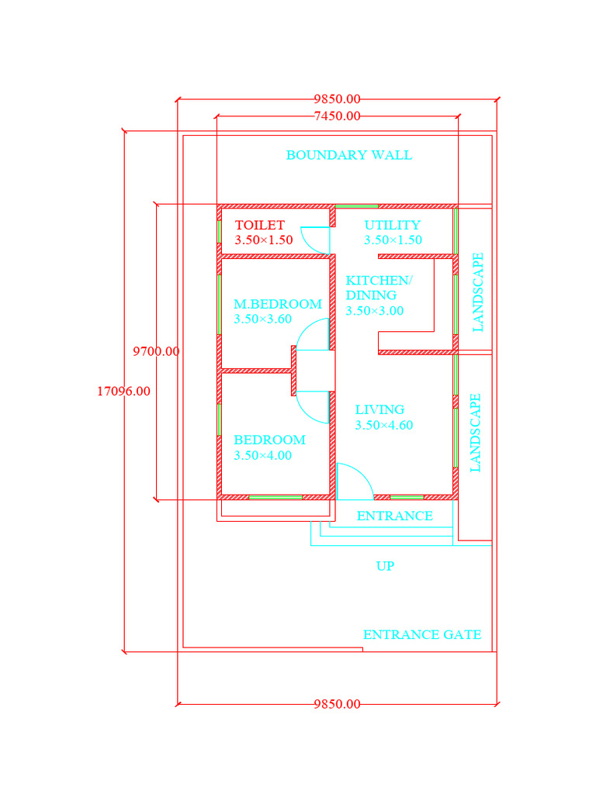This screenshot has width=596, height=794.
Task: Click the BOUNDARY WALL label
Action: [348, 155]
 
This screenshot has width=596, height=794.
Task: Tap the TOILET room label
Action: [259, 225]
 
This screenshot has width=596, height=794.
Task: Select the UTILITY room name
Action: [392, 225]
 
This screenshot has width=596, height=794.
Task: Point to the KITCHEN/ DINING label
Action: [379, 288]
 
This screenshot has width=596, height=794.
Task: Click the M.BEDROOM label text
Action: [277, 304]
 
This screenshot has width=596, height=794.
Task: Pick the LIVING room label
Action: [379, 409]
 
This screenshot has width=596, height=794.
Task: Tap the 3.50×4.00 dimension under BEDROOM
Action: [262, 455]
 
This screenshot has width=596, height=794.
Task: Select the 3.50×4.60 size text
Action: [383, 425]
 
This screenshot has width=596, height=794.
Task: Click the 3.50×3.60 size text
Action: [262, 319]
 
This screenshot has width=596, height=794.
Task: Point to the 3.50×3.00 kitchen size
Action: [374, 310]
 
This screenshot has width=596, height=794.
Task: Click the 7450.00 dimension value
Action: [337, 116]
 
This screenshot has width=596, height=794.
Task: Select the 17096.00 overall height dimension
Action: [123, 392]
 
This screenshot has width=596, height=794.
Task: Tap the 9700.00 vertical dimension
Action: [156, 351]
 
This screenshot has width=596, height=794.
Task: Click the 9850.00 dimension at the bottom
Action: [337, 704]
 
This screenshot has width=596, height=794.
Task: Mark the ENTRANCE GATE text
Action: [421, 634]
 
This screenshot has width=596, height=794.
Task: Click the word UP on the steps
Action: [385, 566]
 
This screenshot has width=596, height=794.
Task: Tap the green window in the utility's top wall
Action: [356, 206]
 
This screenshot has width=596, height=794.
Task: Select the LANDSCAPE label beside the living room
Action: [476, 433]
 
